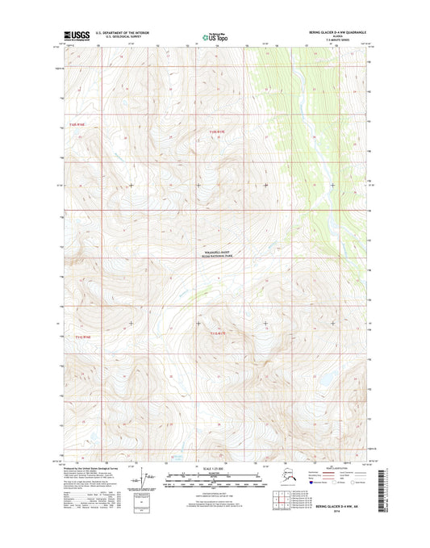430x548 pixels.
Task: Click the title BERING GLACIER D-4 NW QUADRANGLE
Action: pos(336,31)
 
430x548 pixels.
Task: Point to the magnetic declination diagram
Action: pos(147,481)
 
